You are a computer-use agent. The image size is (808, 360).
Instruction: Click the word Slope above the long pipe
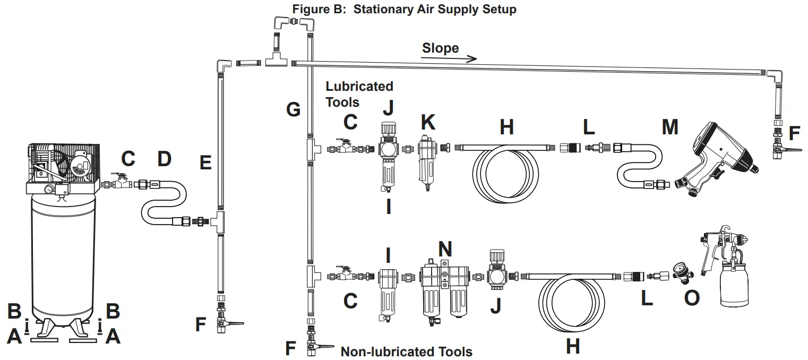tap(440, 48)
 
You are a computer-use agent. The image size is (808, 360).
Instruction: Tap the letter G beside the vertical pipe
tap(293, 110)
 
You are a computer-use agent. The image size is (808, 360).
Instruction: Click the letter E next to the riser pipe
tap(205, 163)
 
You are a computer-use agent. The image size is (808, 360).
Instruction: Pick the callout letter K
tap(427, 123)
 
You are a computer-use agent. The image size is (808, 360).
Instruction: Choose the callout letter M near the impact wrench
tap(670, 127)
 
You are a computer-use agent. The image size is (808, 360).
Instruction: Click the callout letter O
tap(691, 298)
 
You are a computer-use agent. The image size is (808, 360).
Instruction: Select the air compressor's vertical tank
tap(64, 255)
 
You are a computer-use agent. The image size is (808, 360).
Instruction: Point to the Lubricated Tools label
tap(359, 93)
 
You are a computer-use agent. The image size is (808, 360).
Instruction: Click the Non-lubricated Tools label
tap(406, 352)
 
